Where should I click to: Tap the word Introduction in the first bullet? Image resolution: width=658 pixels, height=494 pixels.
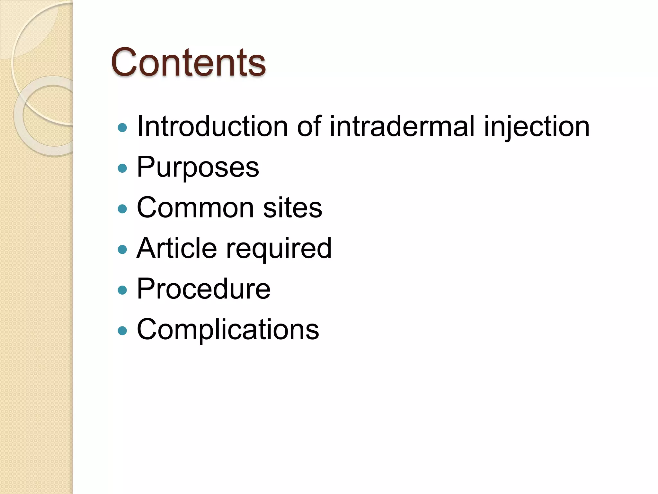[x=212, y=126]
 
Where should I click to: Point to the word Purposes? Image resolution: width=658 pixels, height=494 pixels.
[x=198, y=167]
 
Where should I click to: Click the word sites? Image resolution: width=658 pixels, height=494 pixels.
[x=292, y=208]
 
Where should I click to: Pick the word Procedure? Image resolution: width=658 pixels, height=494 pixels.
[x=203, y=289]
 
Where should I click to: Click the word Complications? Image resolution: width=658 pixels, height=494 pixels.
[x=228, y=330]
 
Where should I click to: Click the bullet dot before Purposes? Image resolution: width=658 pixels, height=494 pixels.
[x=122, y=168]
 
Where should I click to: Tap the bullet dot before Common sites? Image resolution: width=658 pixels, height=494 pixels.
[x=122, y=209]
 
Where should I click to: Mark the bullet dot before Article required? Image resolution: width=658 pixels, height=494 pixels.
[x=122, y=250]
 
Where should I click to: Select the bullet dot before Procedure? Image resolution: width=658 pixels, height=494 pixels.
[x=122, y=290]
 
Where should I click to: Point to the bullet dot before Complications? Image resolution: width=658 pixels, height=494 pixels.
[x=122, y=331]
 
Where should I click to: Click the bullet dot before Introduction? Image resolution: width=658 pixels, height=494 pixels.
[x=122, y=128]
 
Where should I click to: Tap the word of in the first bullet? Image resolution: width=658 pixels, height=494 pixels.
[x=309, y=126]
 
